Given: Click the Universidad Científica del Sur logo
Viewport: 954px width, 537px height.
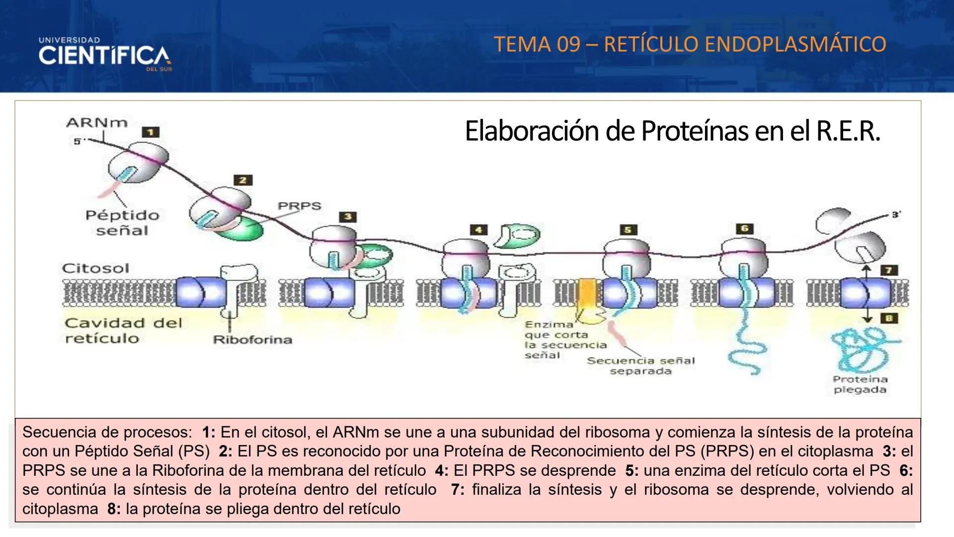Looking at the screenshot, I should (105, 54).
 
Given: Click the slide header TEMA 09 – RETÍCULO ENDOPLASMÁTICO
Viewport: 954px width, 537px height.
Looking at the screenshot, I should (690, 44).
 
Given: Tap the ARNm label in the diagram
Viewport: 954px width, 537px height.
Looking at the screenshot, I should (97, 122).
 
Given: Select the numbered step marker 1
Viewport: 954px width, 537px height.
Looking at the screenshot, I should (151, 132).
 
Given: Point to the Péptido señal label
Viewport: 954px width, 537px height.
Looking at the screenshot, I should (122, 223).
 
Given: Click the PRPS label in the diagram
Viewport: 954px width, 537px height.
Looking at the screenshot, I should (299, 205).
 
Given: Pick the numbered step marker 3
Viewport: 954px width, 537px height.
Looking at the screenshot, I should (348, 217).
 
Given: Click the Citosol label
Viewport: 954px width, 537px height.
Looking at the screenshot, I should (95, 268).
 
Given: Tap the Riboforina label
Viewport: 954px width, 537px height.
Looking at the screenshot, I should (252, 340).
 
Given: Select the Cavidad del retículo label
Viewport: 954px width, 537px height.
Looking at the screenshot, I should (123, 331).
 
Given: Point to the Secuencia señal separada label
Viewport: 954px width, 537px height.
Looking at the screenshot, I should (640, 366).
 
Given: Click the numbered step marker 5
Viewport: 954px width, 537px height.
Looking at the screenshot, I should (628, 230).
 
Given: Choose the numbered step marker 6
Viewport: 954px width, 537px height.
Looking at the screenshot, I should (744, 229).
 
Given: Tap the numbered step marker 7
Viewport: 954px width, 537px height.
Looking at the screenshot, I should (889, 270).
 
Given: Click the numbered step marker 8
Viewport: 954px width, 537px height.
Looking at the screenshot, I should (889, 318).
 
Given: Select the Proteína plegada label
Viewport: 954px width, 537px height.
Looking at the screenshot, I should (860, 384).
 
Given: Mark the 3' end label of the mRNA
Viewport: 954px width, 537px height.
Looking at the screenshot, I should (896, 215).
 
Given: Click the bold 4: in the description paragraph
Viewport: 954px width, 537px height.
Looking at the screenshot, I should (442, 470).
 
